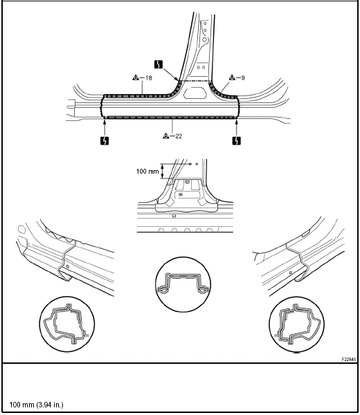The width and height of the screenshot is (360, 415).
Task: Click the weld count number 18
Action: (x=149, y=77)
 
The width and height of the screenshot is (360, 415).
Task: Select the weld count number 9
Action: (x=243, y=77)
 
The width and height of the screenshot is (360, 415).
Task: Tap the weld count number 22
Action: (x=179, y=136)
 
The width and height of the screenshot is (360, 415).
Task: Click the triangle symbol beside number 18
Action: (x=136, y=77)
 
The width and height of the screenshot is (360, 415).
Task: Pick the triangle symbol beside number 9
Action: (x=232, y=77)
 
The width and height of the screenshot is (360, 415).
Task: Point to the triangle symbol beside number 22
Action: (x=166, y=136)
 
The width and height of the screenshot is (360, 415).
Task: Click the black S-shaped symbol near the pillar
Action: (x=159, y=64)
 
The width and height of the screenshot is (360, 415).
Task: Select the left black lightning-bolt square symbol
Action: (x=105, y=140)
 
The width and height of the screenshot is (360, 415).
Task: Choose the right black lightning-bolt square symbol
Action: (x=237, y=140)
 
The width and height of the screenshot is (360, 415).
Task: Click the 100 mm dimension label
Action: (x=147, y=172)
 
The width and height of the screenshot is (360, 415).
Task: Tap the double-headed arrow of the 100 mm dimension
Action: (x=163, y=172)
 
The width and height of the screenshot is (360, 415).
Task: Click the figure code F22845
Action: (x=349, y=360)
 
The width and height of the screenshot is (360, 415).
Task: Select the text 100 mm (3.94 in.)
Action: (x=36, y=405)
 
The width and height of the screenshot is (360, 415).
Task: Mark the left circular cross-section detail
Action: (x=67, y=324)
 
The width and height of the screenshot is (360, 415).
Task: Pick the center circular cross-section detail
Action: (x=183, y=284)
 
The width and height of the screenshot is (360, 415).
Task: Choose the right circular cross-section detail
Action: (x=297, y=324)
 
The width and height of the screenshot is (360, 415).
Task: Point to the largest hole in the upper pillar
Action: (x=204, y=39)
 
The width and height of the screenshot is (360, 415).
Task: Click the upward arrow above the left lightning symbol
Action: (x=105, y=127)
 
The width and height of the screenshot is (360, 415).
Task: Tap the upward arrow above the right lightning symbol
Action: (x=236, y=127)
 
